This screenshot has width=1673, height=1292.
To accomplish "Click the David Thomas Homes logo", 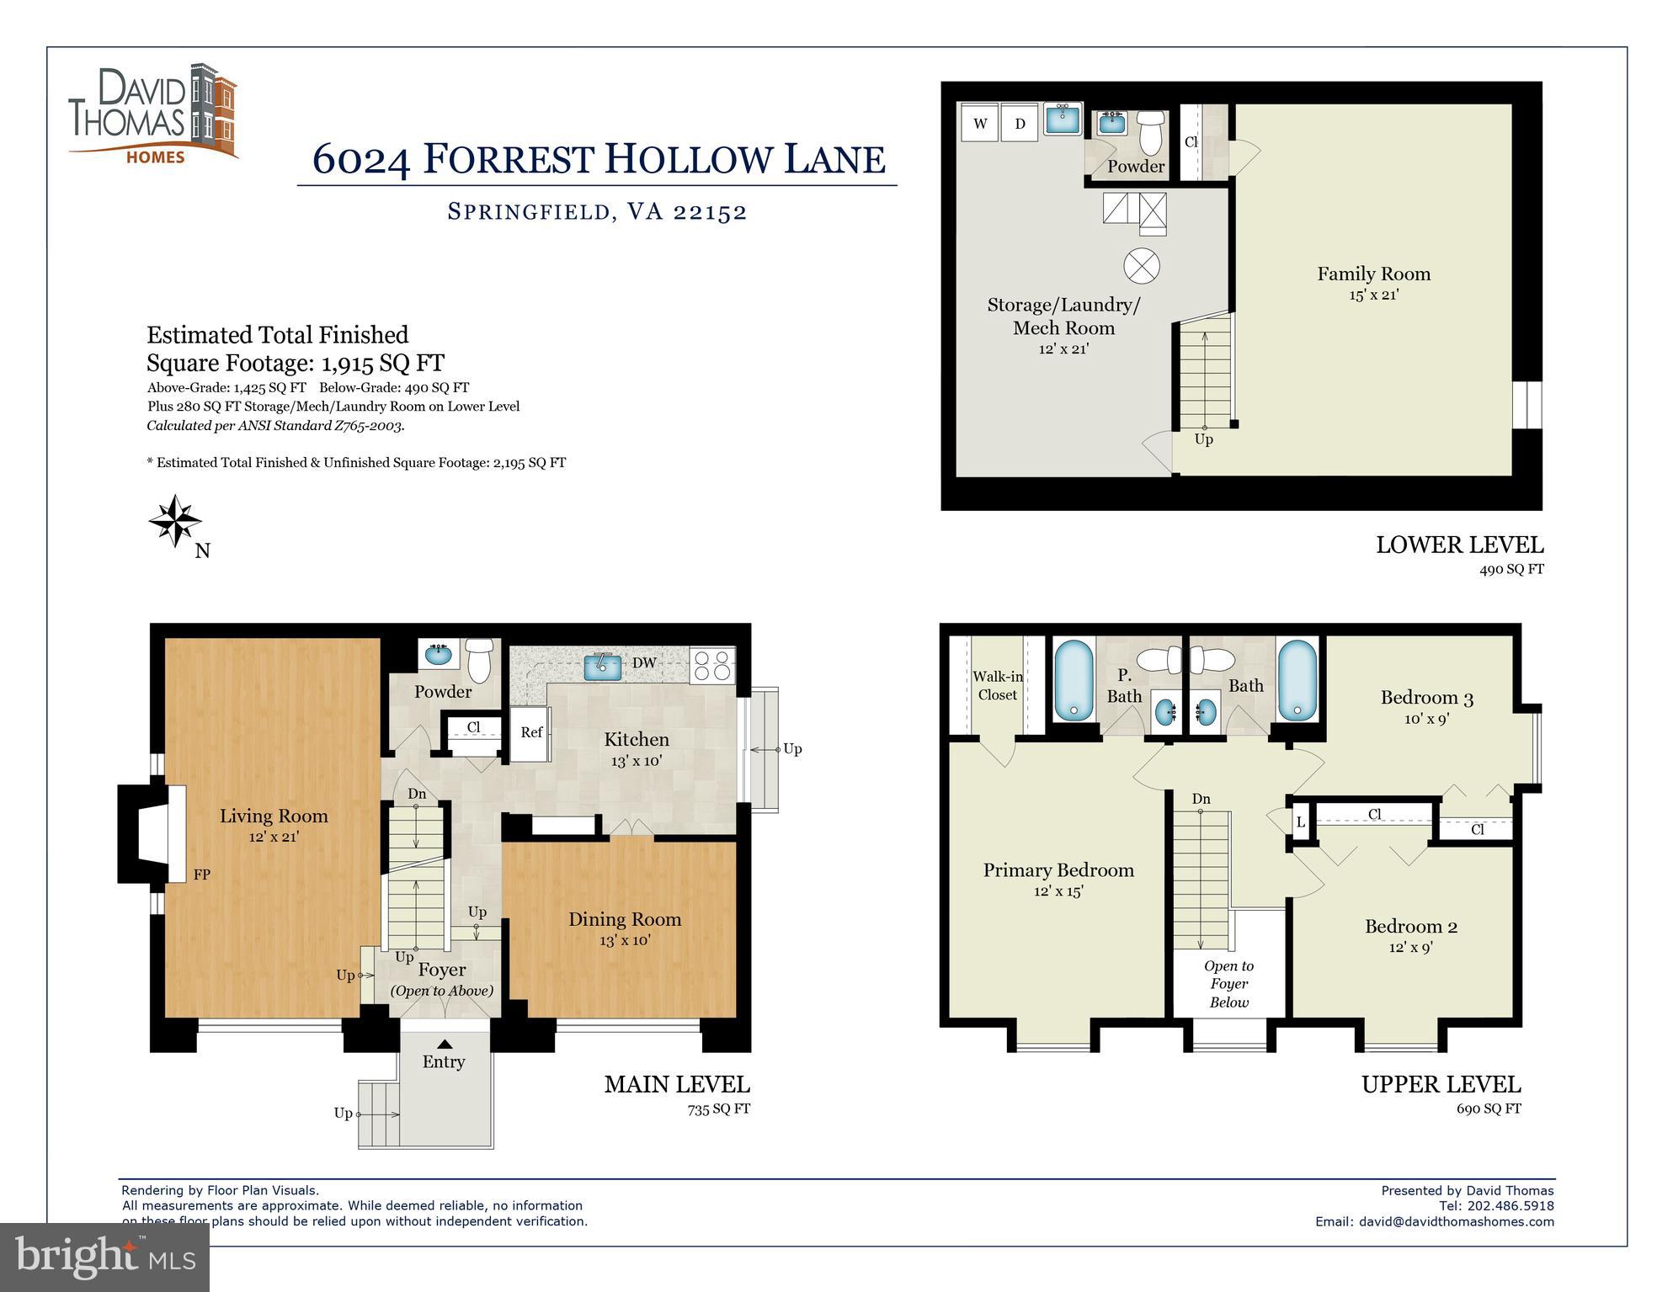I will click(x=152, y=113).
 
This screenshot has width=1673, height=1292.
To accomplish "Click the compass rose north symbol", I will click(x=175, y=521).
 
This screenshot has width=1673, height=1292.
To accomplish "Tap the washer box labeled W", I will click(x=980, y=124).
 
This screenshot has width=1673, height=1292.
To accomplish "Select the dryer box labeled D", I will click(x=1020, y=124).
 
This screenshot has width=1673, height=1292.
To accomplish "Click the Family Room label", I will click(x=1373, y=274).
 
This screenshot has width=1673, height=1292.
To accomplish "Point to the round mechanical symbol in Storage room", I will click(x=1142, y=266).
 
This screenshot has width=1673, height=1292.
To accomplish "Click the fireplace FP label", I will click(x=201, y=875).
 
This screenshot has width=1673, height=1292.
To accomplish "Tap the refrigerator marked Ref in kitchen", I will click(x=531, y=732).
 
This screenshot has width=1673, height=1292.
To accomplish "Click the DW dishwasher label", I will click(x=644, y=662).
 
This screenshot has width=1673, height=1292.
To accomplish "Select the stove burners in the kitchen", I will click(x=712, y=664).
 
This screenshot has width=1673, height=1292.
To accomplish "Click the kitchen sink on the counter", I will click(x=603, y=666).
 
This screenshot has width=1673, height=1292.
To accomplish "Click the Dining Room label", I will click(x=624, y=919).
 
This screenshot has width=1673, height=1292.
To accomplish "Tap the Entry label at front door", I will click(x=444, y=1061).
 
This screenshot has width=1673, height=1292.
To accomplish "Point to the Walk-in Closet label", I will click(x=998, y=685).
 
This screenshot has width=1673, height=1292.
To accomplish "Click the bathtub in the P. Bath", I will click(x=1074, y=680).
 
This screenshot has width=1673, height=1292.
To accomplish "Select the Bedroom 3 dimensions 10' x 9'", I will click(x=1426, y=719).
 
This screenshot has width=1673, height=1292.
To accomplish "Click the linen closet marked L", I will click(x=1301, y=821).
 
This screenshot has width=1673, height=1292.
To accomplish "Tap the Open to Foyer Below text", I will click(x=1229, y=984).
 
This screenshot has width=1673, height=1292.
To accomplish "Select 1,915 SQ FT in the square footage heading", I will click(x=383, y=363).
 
